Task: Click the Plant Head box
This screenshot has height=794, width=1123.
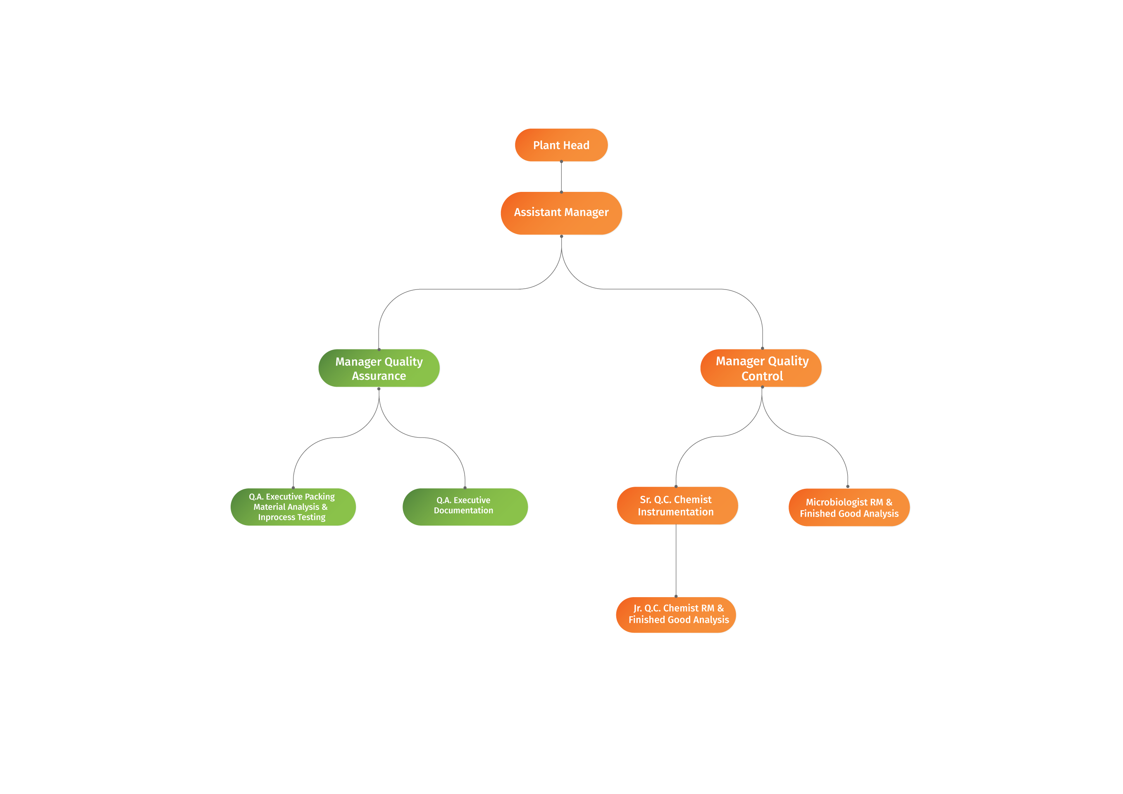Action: (561, 145)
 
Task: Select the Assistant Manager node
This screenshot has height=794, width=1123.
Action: (561, 213)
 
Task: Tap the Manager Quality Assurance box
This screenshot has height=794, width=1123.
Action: (379, 368)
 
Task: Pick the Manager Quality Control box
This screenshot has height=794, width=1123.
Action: (761, 368)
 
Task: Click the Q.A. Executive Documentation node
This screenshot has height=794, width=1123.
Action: (465, 507)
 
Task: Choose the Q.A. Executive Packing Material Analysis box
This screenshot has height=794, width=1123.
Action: (293, 507)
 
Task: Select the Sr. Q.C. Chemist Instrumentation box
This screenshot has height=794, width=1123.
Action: (677, 506)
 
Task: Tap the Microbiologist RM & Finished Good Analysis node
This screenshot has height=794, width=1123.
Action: (849, 508)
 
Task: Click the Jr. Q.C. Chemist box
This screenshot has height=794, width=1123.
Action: (676, 615)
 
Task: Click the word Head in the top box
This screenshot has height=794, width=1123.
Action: (576, 146)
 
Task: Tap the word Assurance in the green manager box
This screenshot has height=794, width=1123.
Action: (379, 376)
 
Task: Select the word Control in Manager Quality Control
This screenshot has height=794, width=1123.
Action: (762, 376)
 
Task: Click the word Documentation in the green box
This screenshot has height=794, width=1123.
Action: (463, 511)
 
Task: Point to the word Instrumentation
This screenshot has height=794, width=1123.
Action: (675, 512)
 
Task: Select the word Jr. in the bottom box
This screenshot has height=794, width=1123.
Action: (637, 608)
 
